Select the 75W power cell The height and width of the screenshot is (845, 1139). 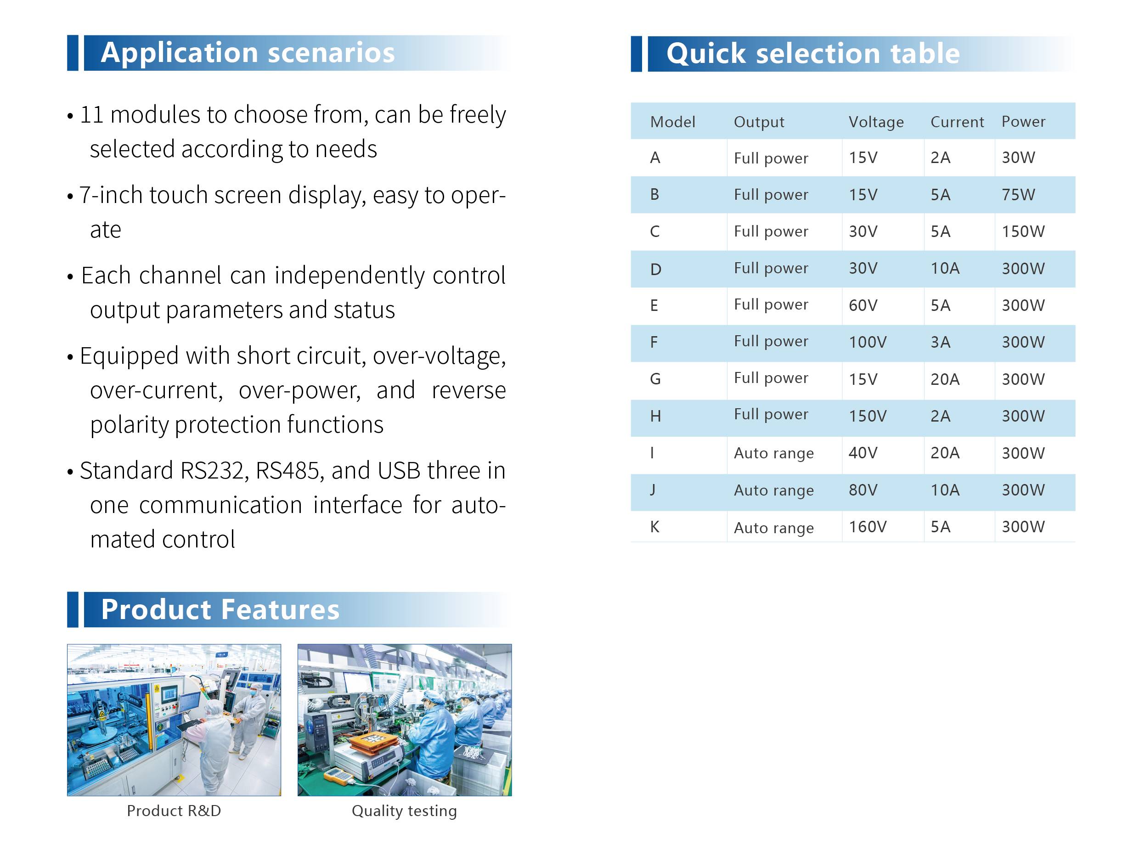pos(1018,195)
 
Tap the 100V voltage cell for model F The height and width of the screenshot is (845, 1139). pos(868,342)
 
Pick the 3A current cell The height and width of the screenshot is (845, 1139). pos(940,342)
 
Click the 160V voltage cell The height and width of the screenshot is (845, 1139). pos(868,527)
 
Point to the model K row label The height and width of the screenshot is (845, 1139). pos(654,527)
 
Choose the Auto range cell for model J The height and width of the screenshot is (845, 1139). pos(773,490)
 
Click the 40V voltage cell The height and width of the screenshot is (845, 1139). pos(863,453)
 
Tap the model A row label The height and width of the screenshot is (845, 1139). pos(654,158)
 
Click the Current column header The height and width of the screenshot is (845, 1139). pos(957,122)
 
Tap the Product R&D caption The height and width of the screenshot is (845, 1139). pos(174,811)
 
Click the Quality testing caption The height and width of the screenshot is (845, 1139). pos(404,811)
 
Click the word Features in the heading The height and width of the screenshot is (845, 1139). pos(280,609)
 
